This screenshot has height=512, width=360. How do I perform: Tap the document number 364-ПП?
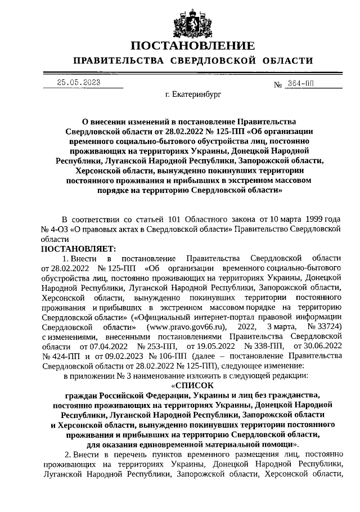[300, 83]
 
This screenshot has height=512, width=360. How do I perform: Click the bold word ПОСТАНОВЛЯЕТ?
[78, 249]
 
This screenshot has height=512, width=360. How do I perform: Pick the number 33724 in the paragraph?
[329, 326]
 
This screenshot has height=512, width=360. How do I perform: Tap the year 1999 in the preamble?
[307, 219]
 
